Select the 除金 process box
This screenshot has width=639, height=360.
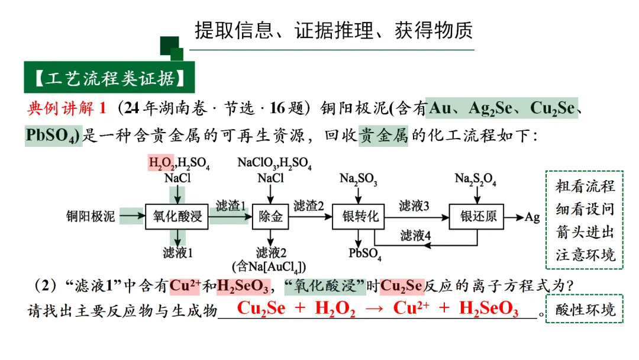pyautogui.click(x=271, y=217)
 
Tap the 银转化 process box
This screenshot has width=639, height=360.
pyautogui.click(x=360, y=217)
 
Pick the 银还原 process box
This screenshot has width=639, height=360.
pyautogui.click(x=478, y=217)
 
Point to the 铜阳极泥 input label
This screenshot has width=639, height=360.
pyautogui.click(x=91, y=217)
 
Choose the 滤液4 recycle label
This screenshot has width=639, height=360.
pyautogui.click(x=415, y=236)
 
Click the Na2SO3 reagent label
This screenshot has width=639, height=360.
pyautogui.click(x=359, y=178)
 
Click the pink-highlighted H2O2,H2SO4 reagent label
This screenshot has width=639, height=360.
pyautogui.click(x=179, y=162)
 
